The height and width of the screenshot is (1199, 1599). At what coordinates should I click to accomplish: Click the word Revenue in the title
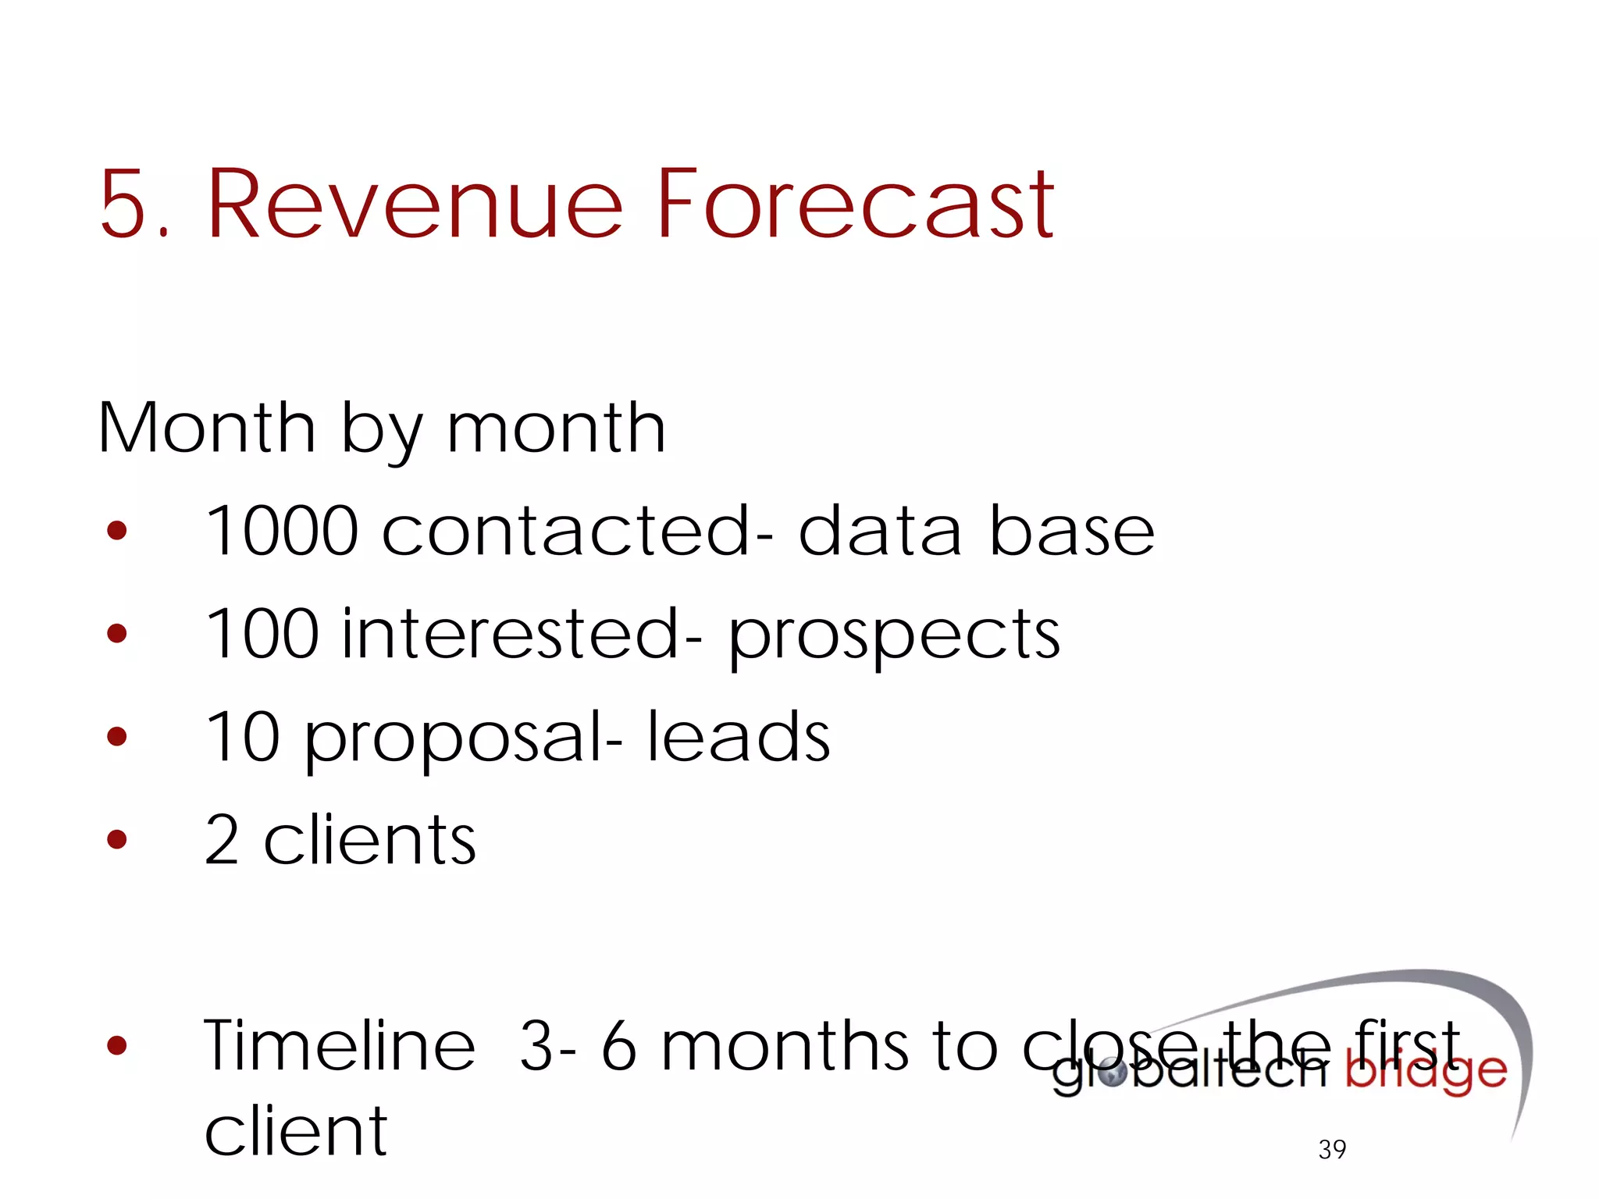[x=415, y=205]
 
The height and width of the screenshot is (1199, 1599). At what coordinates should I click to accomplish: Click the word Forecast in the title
[x=855, y=205]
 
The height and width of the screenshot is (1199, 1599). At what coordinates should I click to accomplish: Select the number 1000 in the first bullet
[x=281, y=531]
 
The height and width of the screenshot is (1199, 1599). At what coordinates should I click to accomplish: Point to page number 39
[x=1332, y=1149]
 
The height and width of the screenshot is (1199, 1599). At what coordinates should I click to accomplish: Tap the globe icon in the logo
[x=1112, y=1075]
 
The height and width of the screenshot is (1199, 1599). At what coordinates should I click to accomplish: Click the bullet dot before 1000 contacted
[x=117, y=532]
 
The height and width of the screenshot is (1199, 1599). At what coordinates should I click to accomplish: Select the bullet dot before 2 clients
[x=117, y=839]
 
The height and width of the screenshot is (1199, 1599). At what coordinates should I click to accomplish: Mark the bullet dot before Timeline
[x=117, y=1044]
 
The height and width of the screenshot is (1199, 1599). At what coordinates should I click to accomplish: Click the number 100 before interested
[x=262, y=633]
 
